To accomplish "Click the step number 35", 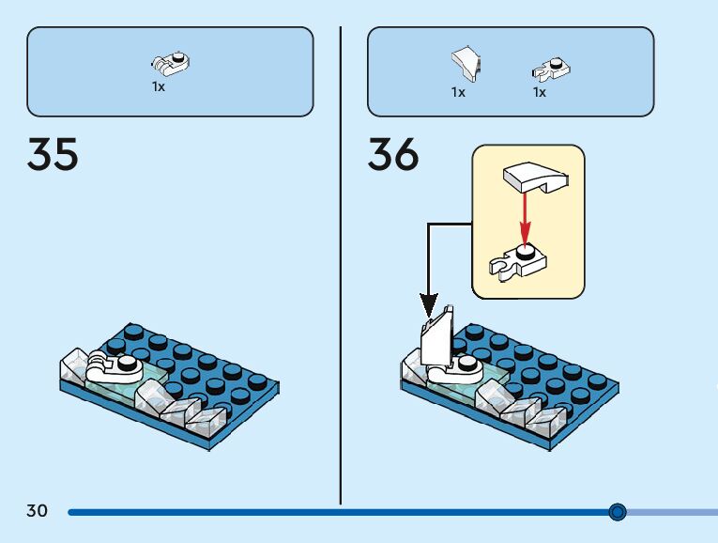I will [53, 154].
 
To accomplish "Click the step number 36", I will [392, 154].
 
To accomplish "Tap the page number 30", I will [37, 511].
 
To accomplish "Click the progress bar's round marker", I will [617, 512].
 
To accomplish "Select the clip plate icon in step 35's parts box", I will [170, 64].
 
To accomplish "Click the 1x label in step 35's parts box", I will [159, 86].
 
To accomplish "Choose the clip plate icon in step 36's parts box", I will [553, 67].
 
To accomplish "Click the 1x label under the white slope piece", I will [458, 92].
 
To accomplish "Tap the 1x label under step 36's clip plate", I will [540, 92].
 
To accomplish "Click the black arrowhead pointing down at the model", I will [429, 305].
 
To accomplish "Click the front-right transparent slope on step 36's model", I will [543, 423].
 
